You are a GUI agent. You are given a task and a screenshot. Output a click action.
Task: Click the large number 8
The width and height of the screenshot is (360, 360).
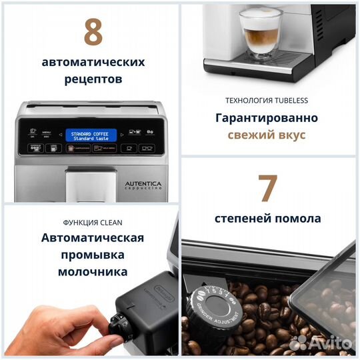(x=93, y=31)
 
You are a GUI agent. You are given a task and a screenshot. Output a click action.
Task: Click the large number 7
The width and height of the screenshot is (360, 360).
(x=268, y=188)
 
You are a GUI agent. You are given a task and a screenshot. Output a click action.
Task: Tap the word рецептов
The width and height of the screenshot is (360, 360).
(x=93, y=79)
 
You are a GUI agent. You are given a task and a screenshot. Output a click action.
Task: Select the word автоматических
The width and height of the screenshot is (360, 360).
(x=93, y=62)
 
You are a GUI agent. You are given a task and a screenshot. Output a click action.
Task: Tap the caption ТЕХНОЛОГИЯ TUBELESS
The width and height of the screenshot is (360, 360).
(x=266, y=101)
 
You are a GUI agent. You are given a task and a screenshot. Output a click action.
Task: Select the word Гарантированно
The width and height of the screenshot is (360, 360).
(x=266, y=118)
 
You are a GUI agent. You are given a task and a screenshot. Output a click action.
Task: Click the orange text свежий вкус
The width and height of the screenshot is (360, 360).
(x=266, y=135)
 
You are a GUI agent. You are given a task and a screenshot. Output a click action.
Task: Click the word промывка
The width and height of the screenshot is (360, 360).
(x=93, y=255)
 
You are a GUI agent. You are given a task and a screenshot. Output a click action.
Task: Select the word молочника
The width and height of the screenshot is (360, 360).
(x=93, y=272)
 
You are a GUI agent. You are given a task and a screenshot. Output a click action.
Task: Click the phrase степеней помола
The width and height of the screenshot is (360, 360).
(x=267, y=218)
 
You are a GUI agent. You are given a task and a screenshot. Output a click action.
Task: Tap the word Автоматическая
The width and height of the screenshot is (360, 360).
(x=93, y=238)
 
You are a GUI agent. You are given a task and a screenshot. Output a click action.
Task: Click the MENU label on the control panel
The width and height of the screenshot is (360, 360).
(x=47, y=132)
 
